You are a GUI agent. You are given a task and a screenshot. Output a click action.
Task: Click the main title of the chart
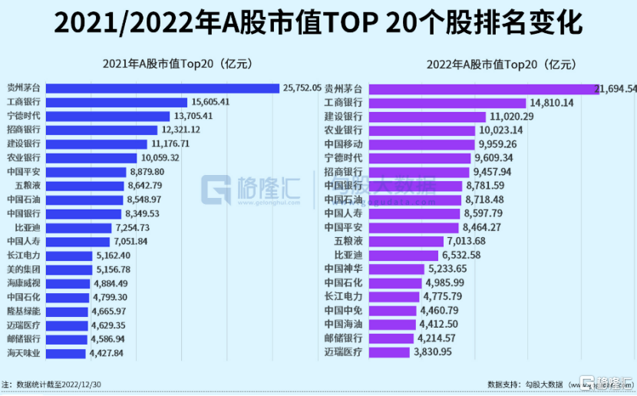[x=318, y=24]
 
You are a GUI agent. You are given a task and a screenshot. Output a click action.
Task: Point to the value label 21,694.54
[x=616, y=89]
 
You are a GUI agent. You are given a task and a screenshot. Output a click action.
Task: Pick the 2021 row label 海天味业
[x=22, y=353]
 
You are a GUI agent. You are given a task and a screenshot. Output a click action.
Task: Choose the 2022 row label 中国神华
[x=343, y=269]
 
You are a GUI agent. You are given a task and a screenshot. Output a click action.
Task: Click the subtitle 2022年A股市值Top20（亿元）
[x=490, y=64]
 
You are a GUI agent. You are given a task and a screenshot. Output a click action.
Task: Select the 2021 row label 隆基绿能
[x=22, y=312]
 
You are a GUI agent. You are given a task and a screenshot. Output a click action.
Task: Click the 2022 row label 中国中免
[x=343, y=311]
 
